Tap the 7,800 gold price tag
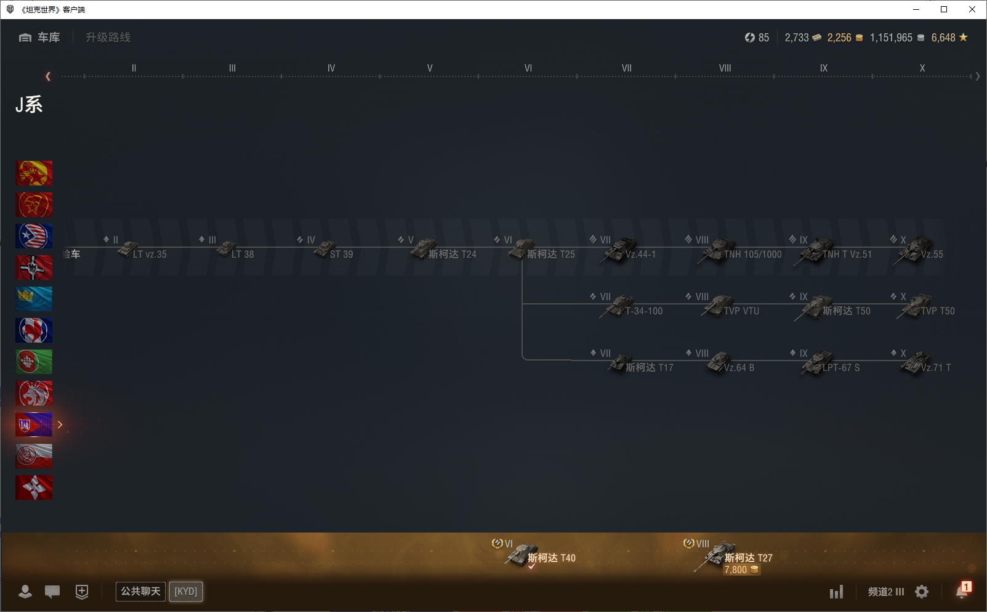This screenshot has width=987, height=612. (741, 570)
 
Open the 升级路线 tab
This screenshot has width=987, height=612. (108, 38)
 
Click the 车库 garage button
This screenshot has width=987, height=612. (40, 38)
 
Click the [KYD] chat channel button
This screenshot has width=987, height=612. (185, 592)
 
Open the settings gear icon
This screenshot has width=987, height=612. (922, 592)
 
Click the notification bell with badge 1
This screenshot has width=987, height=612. (962, 590)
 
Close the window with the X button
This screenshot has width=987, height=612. (972, 9)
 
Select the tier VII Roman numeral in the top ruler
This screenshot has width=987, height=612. (626, 68)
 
